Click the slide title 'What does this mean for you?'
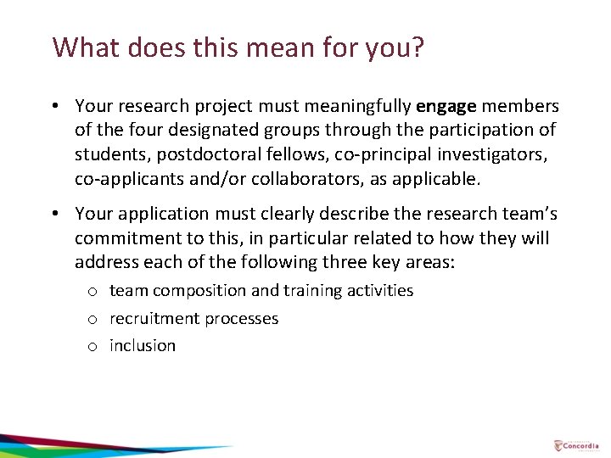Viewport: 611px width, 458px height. click(238, 47)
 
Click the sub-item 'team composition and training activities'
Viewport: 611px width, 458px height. click(261, 291)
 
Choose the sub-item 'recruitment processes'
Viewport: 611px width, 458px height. click(193, 319)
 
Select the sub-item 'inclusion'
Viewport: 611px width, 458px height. click(143, 346)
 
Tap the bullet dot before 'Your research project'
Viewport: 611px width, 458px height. click(54, 107)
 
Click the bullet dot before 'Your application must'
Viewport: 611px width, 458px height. click(54, 214)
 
